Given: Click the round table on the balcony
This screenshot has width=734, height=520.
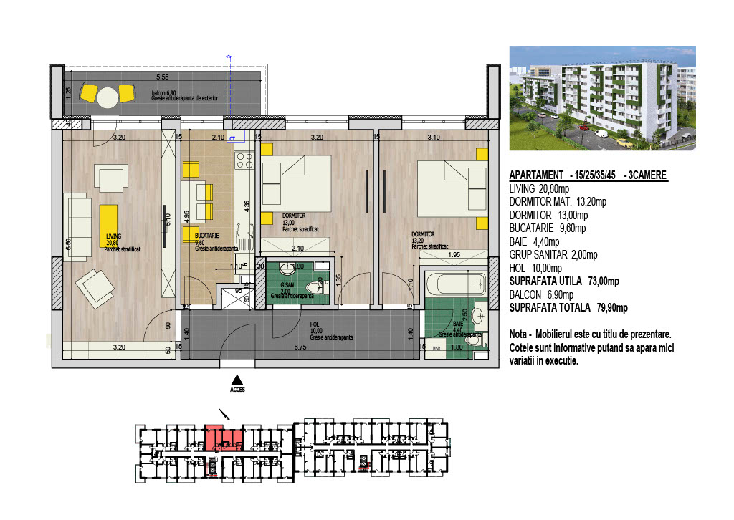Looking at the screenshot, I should point(108,97).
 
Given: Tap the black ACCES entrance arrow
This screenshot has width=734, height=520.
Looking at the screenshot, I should point(237,380).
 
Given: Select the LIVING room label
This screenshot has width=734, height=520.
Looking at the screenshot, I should point(113,236).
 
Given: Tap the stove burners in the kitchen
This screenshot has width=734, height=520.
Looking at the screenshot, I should point(244,161).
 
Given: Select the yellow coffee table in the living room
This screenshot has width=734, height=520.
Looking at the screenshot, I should point(109,225).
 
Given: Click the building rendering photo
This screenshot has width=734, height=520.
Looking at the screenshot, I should point(602,98).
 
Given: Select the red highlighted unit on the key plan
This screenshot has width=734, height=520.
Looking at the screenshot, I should point(223,436).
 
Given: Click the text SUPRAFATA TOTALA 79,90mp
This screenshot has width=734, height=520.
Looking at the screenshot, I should point(568,308).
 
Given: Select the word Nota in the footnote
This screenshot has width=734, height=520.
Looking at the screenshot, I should point(520,334).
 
